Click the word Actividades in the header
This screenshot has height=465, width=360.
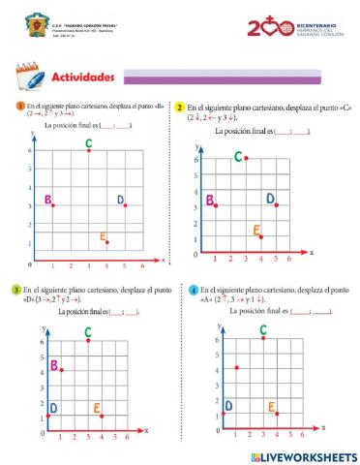[x=82, y=77]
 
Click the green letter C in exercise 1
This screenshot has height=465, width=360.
[x=88, y=144]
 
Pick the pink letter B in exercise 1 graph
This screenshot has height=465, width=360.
[x=46, y=201]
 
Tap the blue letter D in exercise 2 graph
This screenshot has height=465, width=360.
[x=270, y=199]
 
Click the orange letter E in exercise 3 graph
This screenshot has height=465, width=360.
[x=97, y=409]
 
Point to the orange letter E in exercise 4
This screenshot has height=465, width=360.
[x=271, y=407]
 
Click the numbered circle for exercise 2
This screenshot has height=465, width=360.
[x=179, y=108]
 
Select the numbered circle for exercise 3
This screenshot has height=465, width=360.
[x=15, y=290]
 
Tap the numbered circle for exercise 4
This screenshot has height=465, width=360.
[x=194, y=290]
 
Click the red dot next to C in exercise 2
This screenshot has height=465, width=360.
[x=246, y=158]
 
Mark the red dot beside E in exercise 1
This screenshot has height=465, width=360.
[x=107, y=241]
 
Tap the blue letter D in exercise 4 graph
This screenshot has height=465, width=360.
[x=228, y=406]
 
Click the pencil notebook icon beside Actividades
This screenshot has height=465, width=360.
[x=28, y=77]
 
